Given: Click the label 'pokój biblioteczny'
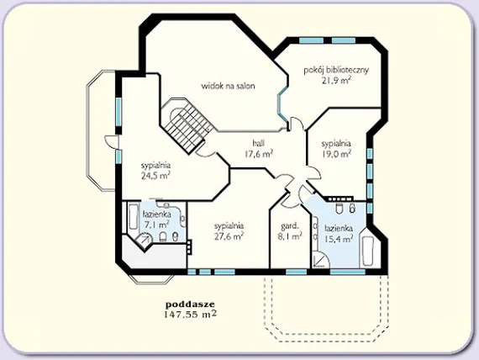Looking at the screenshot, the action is pyautogui.click(x=336, y=70).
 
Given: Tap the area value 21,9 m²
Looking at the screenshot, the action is pyautogui.click(x=336, y=81).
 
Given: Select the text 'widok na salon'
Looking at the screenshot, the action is pyautogui.click(x=228, y=86).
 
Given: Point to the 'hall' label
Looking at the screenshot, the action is pyautogui.click(x=259, y=143).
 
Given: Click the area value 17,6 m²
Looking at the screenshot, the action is pyautogui.click(x=259, y=154).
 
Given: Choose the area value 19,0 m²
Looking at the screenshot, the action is pyautogui.click(x=336, y=154).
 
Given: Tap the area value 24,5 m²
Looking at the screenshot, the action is pyautogui.click(x=155, y=176).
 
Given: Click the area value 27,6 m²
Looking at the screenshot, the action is pyautogui.click(x=229, y=236).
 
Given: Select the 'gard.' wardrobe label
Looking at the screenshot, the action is pyautogui.click(x=290, y=226).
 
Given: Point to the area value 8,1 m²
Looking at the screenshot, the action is pyautogui.click(x=290, y=236).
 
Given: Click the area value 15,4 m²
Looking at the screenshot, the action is pyautogui.click(x=339, y=238).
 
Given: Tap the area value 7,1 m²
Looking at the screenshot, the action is pyautogui.click(x=156, y=225).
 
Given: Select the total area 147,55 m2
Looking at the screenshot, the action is pyautogui.click(x=190, y=314).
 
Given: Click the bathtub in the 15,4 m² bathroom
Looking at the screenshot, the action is pyautogui.click(x=368, y=251).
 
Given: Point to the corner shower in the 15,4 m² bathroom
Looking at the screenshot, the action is pyautogui.click(x=321, y=260).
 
